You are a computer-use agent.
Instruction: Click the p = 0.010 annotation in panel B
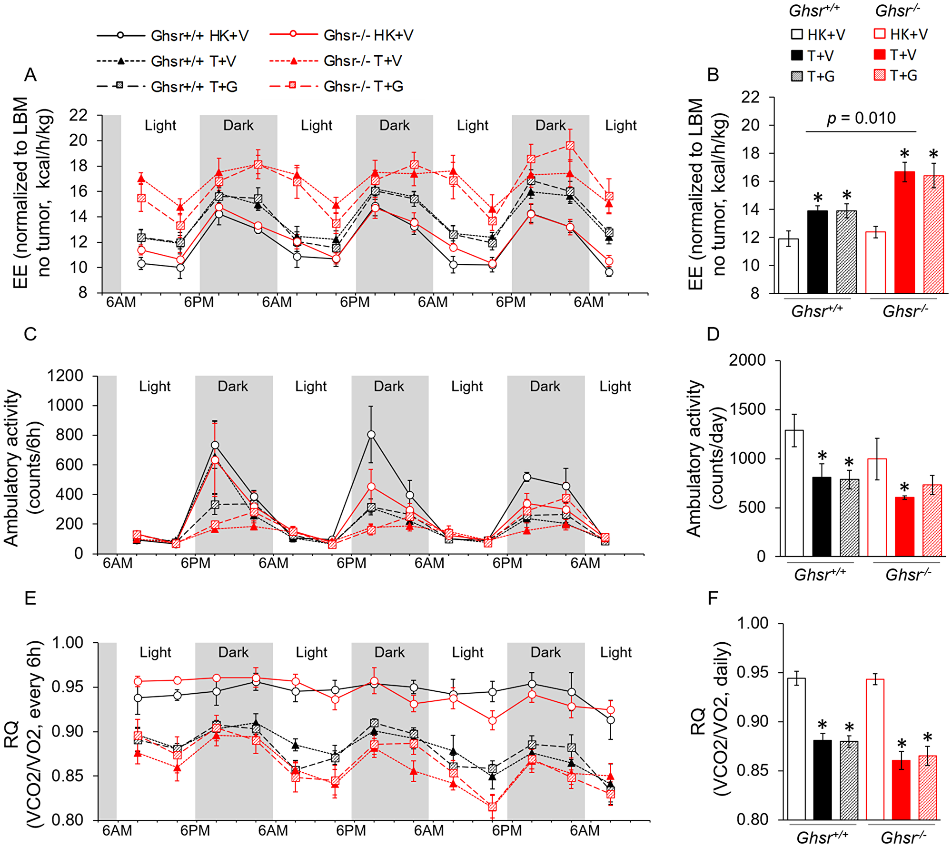[861, 118]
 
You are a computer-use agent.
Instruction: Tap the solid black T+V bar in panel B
[817, 252]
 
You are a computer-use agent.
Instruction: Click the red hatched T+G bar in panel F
[927, 788]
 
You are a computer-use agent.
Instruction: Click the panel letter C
[30, 334]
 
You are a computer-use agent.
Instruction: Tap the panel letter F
[713, 598]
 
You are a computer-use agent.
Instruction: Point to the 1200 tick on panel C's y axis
[65, 376]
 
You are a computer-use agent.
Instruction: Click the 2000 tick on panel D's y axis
[747, 360]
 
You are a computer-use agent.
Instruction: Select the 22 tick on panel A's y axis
[79, 115]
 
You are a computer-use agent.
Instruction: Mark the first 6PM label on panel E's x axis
[195, 831]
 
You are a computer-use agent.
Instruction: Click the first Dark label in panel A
[238, 125]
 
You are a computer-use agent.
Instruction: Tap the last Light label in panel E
[615, 652]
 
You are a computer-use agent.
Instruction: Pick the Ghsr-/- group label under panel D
[908, 575]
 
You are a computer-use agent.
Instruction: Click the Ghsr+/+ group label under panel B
[817, 311]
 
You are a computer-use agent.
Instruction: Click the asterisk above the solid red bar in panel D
[904, 488]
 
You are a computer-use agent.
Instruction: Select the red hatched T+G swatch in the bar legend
[880, 75]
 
